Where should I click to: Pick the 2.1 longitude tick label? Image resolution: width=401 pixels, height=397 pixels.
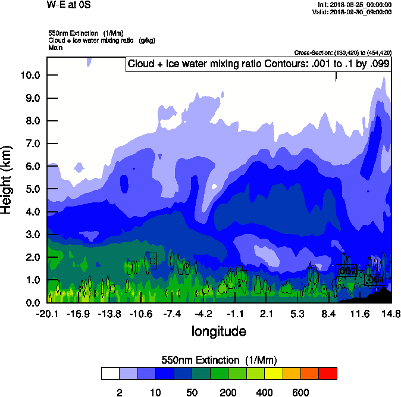coord(266,314)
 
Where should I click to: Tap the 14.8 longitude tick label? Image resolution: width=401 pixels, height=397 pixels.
coord(391,314)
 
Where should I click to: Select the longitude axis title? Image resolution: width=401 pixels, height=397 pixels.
coord(218,331)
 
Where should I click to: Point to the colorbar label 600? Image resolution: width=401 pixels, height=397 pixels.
coord(300,392)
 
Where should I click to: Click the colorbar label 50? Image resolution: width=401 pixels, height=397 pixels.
coord(192,392)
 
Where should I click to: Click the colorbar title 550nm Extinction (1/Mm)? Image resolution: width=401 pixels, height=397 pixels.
coord(219,360)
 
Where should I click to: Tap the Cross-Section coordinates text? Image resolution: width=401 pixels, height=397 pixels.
coord(343,52)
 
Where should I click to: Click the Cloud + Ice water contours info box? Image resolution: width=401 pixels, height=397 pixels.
coord(258,64)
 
